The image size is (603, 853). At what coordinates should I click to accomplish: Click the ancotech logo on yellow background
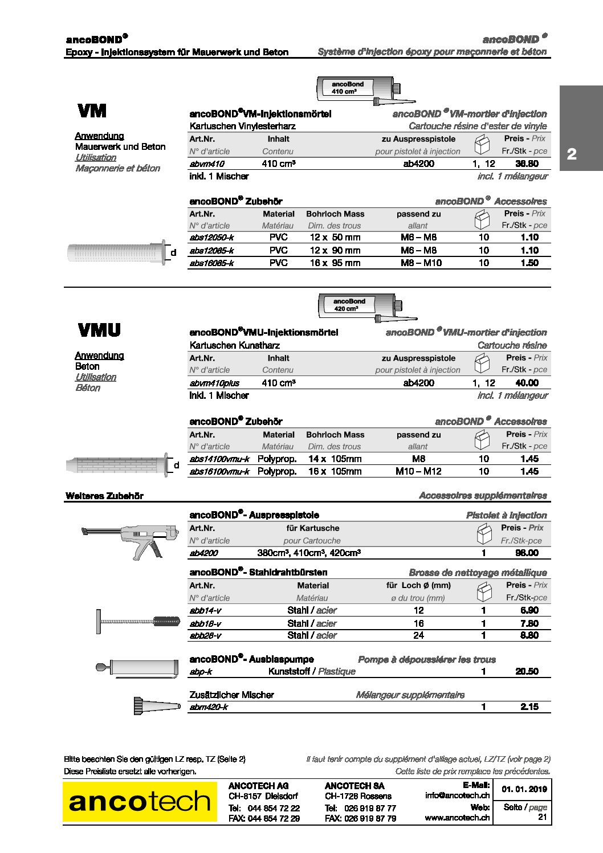point(140,802)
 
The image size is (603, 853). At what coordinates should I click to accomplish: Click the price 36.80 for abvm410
point(526,164)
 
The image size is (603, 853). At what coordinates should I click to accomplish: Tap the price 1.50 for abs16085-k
point(529,263)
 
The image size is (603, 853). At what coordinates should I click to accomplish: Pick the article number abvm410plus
point(214,383)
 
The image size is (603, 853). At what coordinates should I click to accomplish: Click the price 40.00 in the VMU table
point(526,383)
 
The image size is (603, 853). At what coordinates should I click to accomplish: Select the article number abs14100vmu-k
point(219,459)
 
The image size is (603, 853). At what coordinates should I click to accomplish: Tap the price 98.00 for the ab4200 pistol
point(526,553)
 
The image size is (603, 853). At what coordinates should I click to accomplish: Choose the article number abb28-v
point(205,635)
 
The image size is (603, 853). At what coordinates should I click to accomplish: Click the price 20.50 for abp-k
point(526,671)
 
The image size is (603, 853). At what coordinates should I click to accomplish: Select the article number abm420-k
point(209,707)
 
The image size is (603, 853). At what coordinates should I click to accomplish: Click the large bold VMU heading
point(99,330)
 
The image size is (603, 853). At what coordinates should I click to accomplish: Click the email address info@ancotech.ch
point(457,795)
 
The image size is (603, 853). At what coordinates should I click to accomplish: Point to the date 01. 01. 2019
point(524,789)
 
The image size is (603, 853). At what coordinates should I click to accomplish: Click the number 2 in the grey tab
point(572,154)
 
